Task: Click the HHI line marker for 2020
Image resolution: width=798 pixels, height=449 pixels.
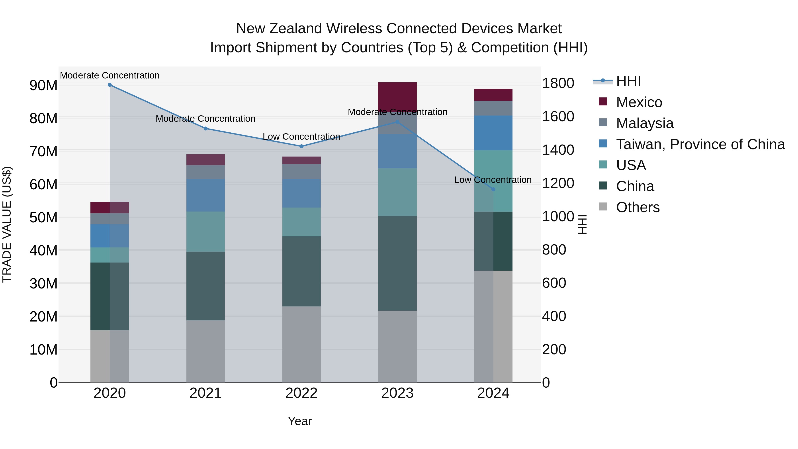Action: tap(110, 85)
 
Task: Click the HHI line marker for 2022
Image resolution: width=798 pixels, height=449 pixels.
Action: tap(301, 146)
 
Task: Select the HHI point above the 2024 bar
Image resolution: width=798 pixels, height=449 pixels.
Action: tap(493, 189)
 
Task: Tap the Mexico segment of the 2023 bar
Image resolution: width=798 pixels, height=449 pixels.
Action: tap(397, 97)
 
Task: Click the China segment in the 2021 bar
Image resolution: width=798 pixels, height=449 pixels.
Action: tap(205, 286)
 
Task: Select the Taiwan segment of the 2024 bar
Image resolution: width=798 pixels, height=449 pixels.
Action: tap(493, 133)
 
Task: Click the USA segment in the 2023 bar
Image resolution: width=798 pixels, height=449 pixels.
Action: tap(397, 192)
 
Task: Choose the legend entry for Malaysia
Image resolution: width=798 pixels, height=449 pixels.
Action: tap(644, 123)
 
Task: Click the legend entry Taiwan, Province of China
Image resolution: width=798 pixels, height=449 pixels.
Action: tap(700, 144)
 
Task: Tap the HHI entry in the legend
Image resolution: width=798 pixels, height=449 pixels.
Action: tap(628, 81)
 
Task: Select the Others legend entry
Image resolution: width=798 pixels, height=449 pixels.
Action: tap(638, 207)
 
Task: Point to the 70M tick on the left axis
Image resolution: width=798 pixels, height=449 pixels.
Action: tap(43, 151)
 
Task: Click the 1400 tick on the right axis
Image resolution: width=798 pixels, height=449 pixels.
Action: tap(558, 150)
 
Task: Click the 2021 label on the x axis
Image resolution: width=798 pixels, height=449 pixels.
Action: tap(205, 393)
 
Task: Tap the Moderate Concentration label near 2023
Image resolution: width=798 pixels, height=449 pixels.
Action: tap(397, 112)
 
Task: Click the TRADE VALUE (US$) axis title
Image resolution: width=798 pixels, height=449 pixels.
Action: tap(7, 224)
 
